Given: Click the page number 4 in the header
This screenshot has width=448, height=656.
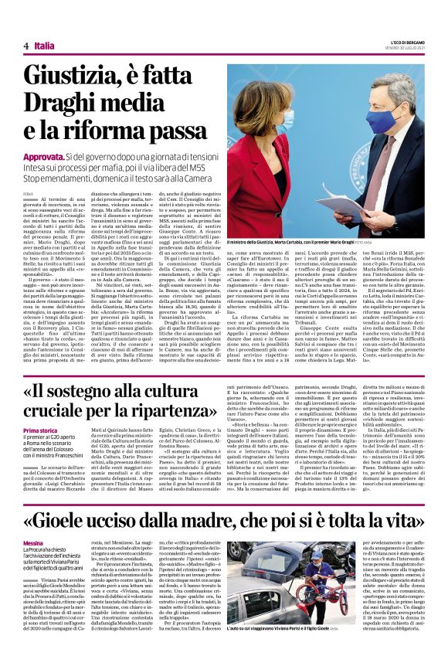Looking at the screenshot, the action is [x=26, y=46].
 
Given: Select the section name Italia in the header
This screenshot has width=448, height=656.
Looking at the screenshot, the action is [x=45, y=46].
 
